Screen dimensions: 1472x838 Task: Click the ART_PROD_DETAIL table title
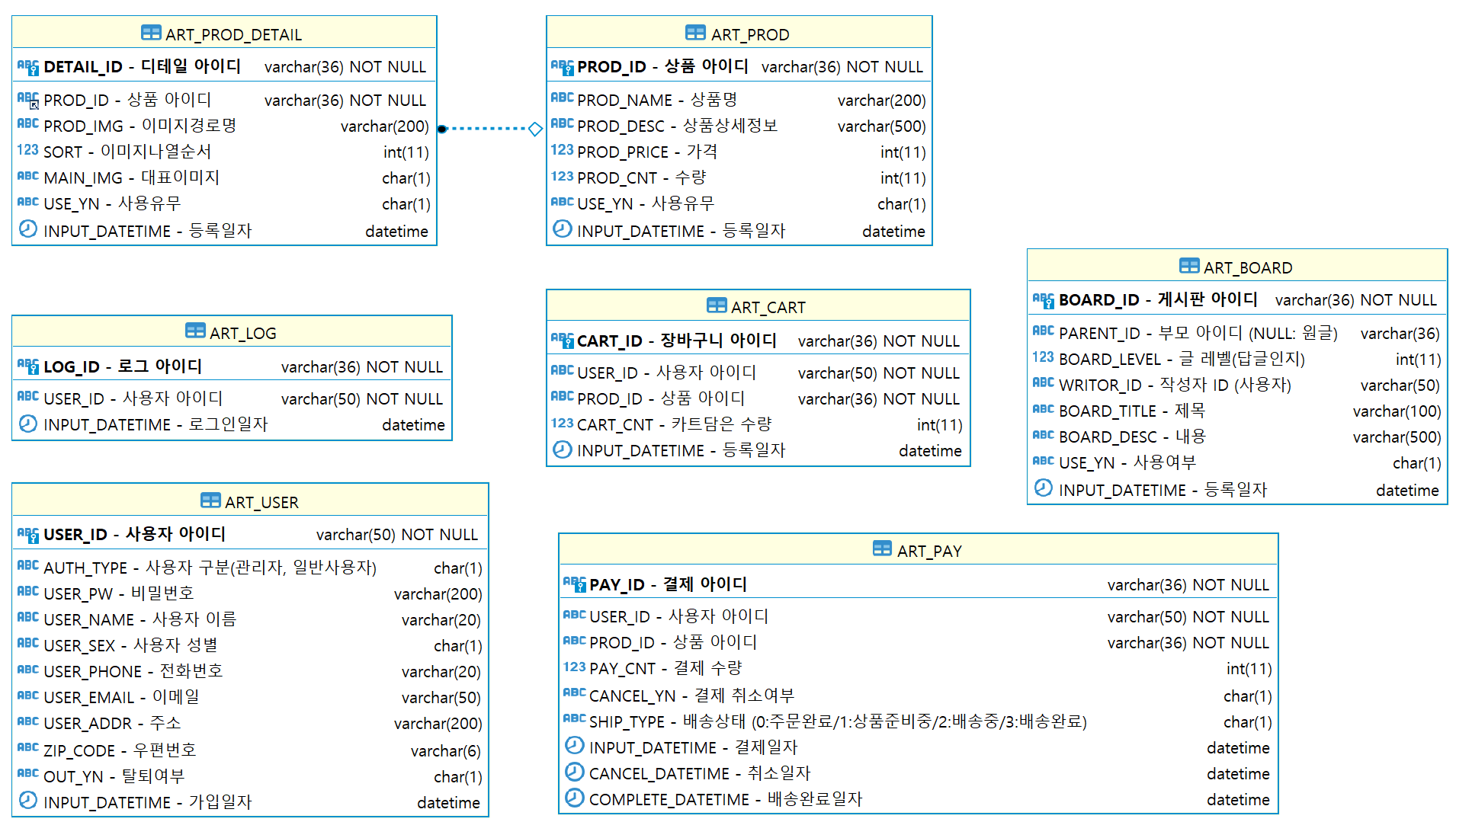(x=233, y=34)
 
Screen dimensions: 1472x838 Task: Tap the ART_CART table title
(x=768, y=307)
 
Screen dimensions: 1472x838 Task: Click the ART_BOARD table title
(x=1247, y=267)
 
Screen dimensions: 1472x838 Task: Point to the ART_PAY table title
(x=928, y=551)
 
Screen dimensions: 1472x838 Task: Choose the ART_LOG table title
(x=242, y=333)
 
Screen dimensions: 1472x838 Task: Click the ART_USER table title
(x=261, y=502)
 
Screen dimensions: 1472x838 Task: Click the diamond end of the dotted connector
(x=535, y=129)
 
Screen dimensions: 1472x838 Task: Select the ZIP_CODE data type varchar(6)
(x=445, y=751)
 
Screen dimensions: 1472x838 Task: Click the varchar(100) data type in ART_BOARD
(x=1396, y=411)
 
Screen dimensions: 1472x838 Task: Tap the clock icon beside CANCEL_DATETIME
(x=574, y=772)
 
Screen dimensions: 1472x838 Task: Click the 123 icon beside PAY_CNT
(x=574, y=667)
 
